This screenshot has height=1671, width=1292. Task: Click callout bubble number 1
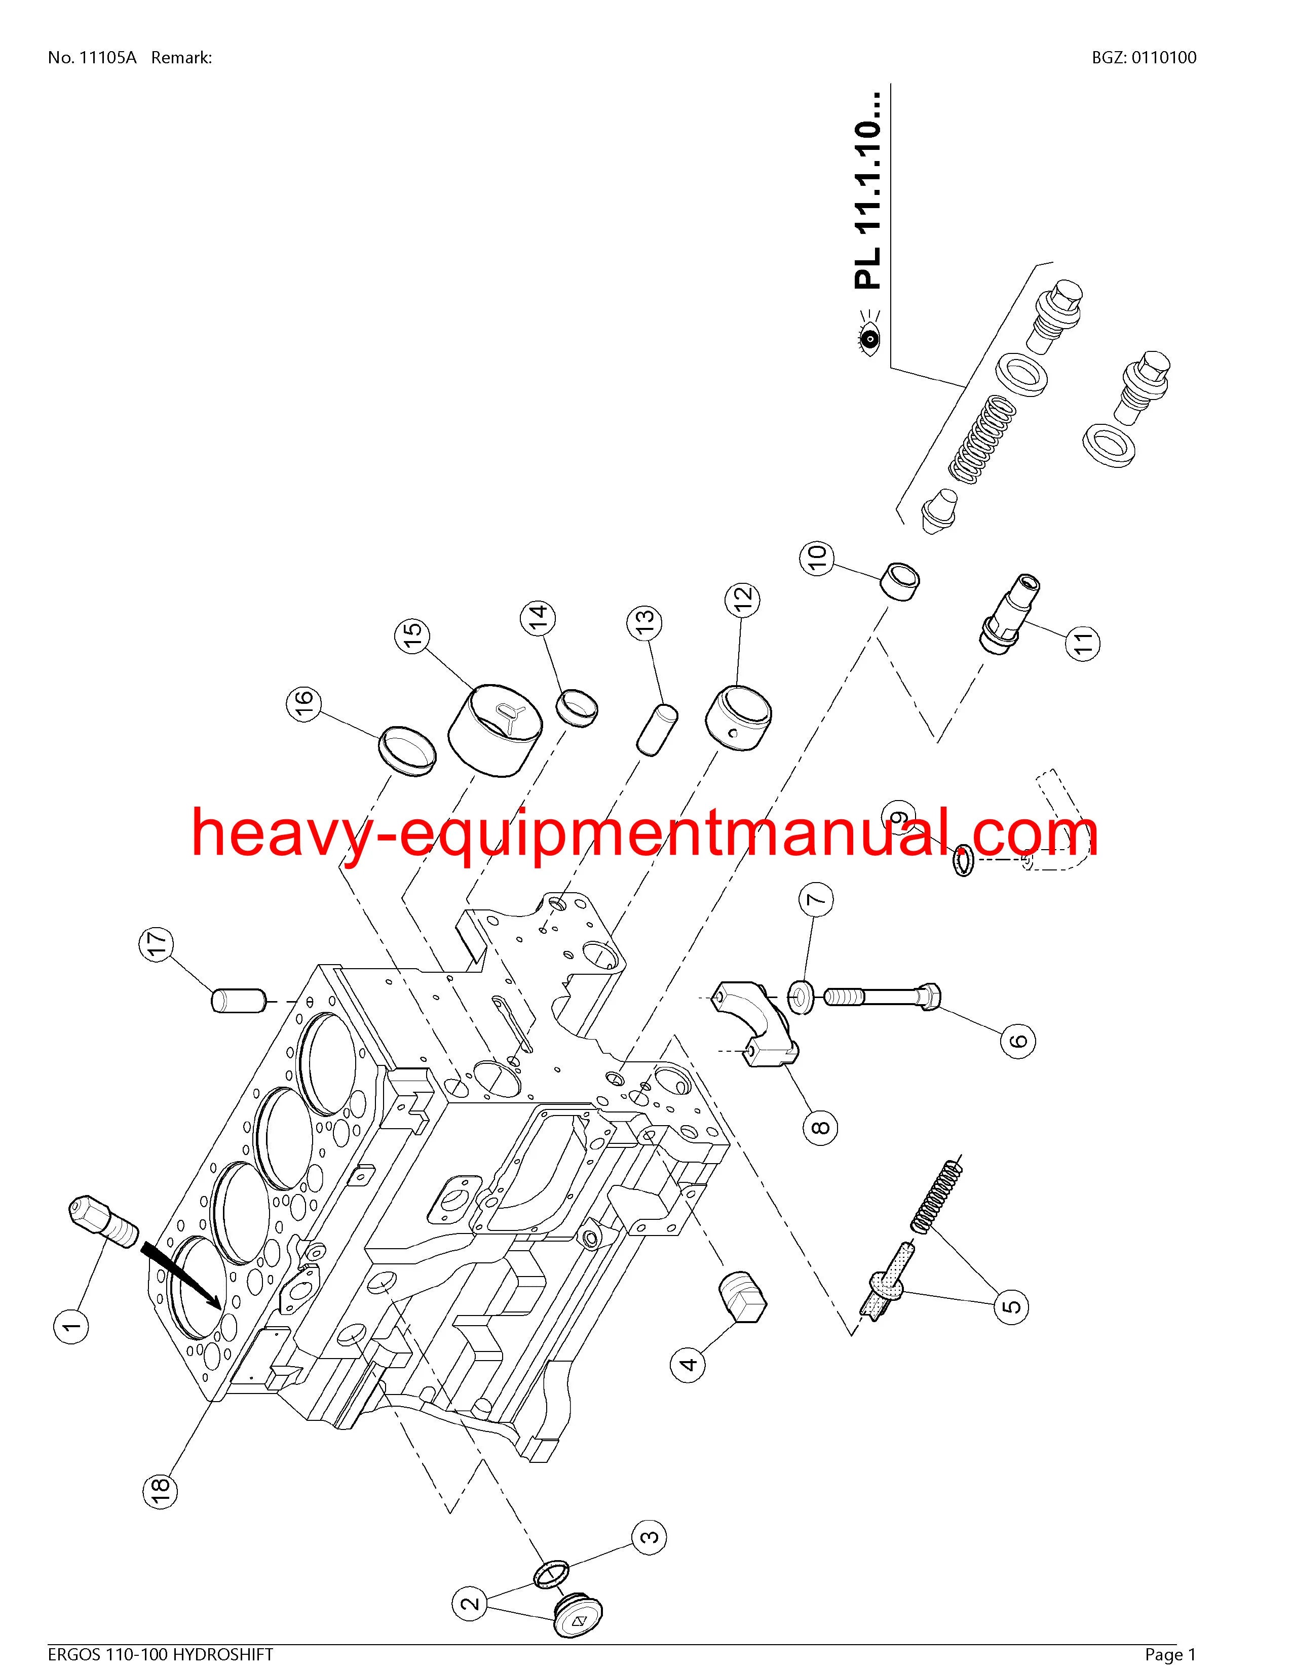pos(70,1325)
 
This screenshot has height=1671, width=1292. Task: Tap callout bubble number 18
pos(160,1488)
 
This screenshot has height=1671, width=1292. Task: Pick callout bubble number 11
pos(1082,641)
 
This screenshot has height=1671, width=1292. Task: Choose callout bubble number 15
pos(412,634)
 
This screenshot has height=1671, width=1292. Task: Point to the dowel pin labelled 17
pos(238,1001)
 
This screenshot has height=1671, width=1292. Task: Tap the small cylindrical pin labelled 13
pos(658,728)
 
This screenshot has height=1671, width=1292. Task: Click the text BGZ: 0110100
pos(1144,57)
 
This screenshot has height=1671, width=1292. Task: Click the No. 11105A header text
pos(92,57)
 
